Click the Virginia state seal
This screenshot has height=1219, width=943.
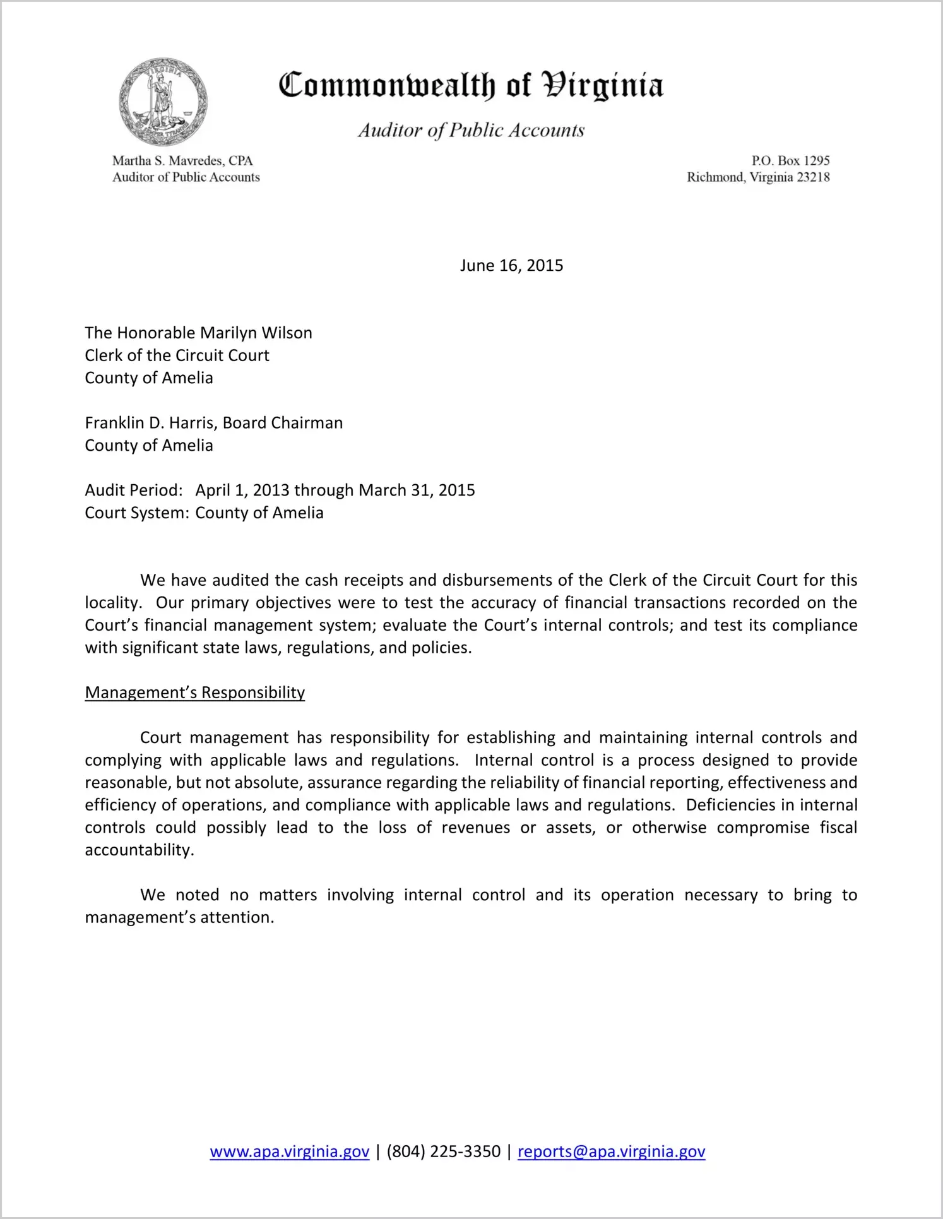point(163,102)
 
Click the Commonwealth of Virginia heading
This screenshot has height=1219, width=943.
point(471,85)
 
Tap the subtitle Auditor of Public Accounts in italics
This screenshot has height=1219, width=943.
point(471,130)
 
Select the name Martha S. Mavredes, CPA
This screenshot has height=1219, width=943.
point(182,161)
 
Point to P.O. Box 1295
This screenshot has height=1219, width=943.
point(790,161)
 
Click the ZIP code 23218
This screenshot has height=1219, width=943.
point(813,177)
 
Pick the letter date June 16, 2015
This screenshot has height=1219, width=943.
point(511,265)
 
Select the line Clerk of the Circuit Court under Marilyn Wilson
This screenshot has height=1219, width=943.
point(177,355)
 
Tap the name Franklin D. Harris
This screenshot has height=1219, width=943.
point(151,423)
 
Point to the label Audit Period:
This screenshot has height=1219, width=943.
point(134,491)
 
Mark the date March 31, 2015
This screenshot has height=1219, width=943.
point(417,491)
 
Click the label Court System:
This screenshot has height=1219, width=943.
point(137,513)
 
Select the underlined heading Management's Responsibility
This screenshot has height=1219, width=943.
point(194,693)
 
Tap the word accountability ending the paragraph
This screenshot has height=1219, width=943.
point(138,850)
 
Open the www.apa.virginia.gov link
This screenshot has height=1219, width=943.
point(289,1151)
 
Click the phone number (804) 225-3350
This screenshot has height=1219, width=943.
point(443,1151)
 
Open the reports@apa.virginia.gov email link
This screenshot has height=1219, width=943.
point(611,1151)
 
